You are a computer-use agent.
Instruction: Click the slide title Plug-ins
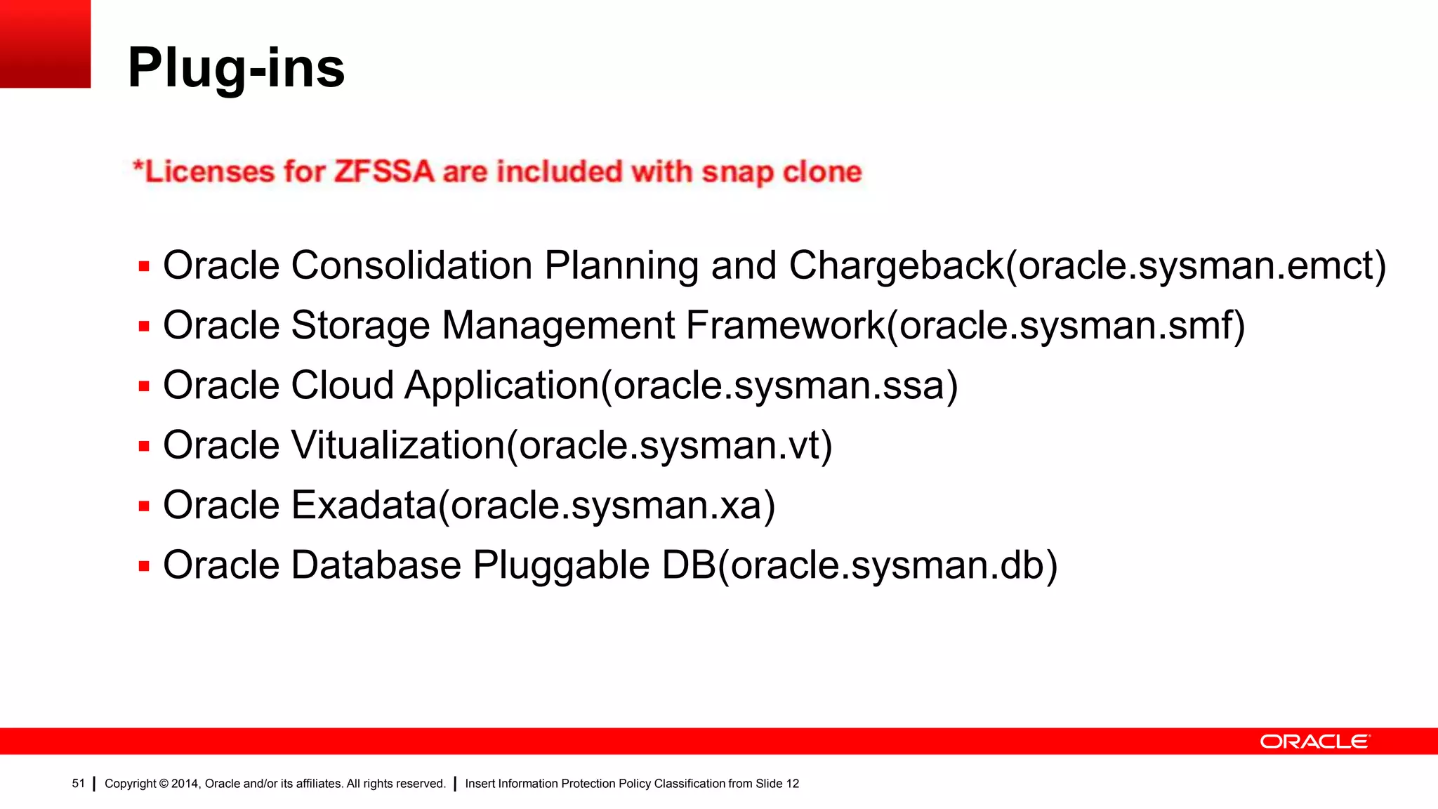click(x=236, y=68)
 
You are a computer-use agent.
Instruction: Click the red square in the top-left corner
click(x=45, y=44)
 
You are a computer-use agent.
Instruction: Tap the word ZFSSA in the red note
click(x=383, y=172)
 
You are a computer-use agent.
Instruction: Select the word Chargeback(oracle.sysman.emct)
click(x=1087, y=266)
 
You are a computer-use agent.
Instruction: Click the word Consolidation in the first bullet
click(x=411, y=266)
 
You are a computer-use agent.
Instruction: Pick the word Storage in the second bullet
click(x=359, y=326)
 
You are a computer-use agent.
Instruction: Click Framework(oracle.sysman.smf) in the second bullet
click(x=965, y=326)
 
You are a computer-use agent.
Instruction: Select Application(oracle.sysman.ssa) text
click(x=681, y=386)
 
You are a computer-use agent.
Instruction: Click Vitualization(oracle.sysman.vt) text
click(x=562, y=446)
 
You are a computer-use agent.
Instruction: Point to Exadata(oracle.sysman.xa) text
click(x=534, y=506)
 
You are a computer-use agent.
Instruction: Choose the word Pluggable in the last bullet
click(x=561, y=565)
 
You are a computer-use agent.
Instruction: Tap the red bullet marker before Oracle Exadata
click(x=144, y=506)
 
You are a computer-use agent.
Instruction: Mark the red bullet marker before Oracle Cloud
click(x=144, y=386)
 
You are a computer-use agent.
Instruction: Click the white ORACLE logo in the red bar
click(x=1314, y=742)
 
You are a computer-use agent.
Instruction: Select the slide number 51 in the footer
click(x=78, y=784)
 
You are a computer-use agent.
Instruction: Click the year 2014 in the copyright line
click(x=185, y=784)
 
